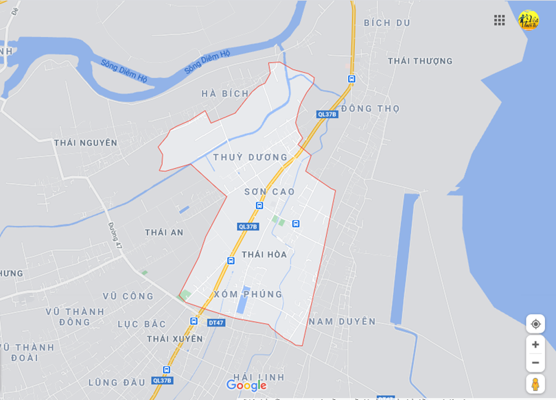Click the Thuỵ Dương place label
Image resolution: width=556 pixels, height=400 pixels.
pyautogui.click(x=250, y=157)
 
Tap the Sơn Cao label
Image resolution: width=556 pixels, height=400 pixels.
pyautogui.click(x=270, y=192)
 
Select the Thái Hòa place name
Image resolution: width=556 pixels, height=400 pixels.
pyautogui.click(x=264, y=255)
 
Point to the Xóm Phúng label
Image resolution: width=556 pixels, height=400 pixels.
pyautogui.click(x=248, y=294)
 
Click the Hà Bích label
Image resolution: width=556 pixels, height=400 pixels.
pyautogui.click(x=225, y=93)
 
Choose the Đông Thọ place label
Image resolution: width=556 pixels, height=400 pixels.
pyautogui.click(x=370, y=108)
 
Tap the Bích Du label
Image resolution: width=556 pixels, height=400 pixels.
pyautogui.click(x=387, y=23)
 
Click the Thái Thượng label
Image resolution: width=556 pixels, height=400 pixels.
pyautogui.click(x=420, y=61)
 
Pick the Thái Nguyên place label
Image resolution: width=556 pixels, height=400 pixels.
pyautogui.click(x=86, y=143)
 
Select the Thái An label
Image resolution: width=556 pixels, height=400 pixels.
pyautogui.click(x=164, y=233)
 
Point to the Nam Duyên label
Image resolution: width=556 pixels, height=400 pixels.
pyautogui.click(x=343, y=321)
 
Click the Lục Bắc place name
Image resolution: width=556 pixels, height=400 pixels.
pyautogui.click(x=142, y=324)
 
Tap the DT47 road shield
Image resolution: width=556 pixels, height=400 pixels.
pyautogui.click(x=216, y=322)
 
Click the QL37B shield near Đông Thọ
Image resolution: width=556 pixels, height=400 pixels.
pyautogui.click(x=327, y=115)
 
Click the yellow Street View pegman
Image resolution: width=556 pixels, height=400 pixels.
pyautogui.click(x=535, y=384)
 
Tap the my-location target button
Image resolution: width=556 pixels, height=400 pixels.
pyautogui.click(x=535, y=324)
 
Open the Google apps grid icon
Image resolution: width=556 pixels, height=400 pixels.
pyautogui.click(x=500, y=20)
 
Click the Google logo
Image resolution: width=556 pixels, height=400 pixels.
pyautogui.click(x=246, y=386)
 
